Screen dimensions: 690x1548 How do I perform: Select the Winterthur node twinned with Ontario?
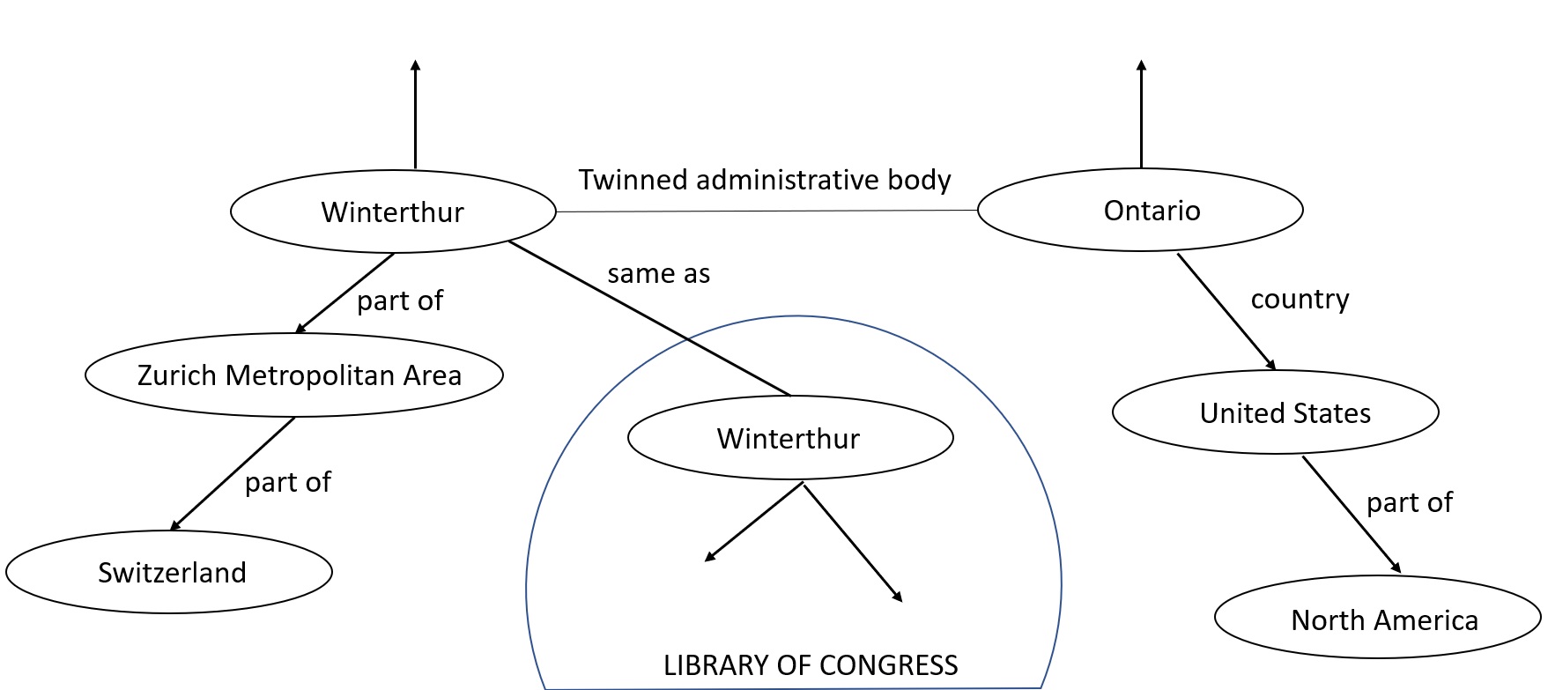393,212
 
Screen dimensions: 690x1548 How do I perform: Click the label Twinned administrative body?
764,180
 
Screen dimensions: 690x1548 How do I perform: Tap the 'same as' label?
658,274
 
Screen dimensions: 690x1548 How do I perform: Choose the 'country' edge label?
1300,299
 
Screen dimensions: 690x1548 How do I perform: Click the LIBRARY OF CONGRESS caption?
810,665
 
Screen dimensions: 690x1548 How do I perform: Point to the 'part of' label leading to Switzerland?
287,482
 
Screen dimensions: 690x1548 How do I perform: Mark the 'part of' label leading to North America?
1409,502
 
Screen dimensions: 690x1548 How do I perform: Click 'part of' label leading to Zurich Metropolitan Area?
399,300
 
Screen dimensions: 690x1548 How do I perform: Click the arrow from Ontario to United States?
1226,311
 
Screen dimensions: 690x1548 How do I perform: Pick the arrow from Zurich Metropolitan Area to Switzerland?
233,474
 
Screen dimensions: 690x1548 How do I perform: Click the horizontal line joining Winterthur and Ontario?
767,211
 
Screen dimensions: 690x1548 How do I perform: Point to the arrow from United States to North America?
1351,514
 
